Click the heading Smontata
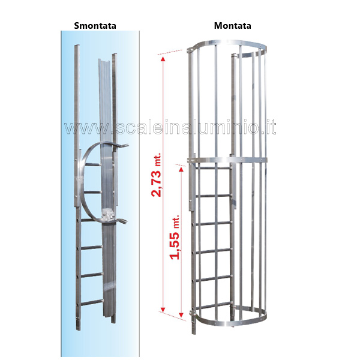pyautogui.click(x=95, y=25)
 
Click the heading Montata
pyautogui.click(x=232, y=25)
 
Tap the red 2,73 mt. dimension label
pyautogui.click(x=157, y=175)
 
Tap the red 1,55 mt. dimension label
pyautogui.click(x=175, y=237)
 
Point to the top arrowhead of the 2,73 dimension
pyautogui.click(x=163, y=59)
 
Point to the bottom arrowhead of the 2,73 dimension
pyautogui.click(x=163, y=310)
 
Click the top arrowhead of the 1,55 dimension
pyautogui.click(x=181, y=169)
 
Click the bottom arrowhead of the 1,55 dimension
pyautogui.click(x=181, y=315)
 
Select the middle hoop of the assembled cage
pyautogui.click(x=227, y=160)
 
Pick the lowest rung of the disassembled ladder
pyautogui.click(x=91, y=302)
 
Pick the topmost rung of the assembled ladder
pyautogui.click(x=212, y=168)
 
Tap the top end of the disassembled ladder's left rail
pyautogui.click(x=77, y=46)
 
